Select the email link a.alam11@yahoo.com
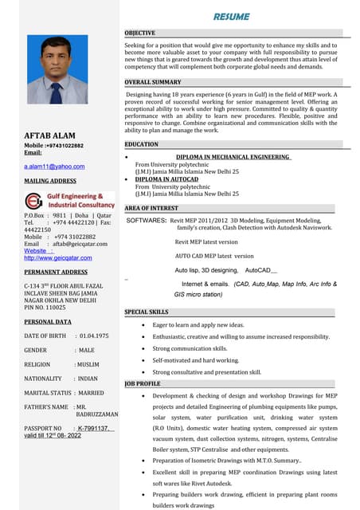point(54,167)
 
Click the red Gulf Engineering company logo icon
point(34,200)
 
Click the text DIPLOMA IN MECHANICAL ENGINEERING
point(232,157)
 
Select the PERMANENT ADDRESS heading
point(56,272)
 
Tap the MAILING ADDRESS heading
point(50,181)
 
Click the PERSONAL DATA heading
point(49,321)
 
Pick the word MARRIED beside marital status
point(90,393)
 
